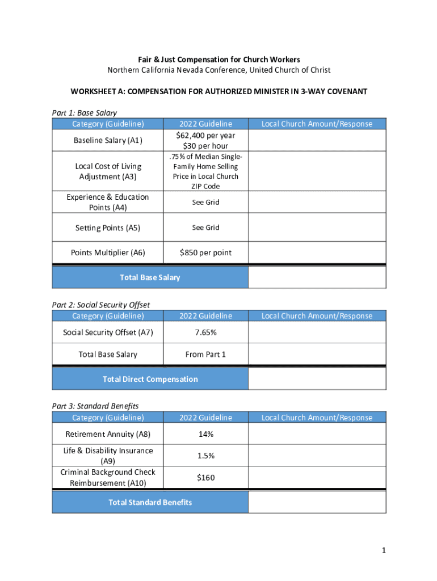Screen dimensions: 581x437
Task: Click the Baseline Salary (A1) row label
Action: point(108,140)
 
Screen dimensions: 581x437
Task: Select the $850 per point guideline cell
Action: point(205,252)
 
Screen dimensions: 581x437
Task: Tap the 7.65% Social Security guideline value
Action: point(205,332)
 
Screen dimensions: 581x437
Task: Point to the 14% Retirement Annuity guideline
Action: point(205,434)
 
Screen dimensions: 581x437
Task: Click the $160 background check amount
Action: point(205,478)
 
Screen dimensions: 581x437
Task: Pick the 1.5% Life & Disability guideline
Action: point(205,456)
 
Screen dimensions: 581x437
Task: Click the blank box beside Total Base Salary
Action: point(317,277)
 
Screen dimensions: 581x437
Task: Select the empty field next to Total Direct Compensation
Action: point(317,379)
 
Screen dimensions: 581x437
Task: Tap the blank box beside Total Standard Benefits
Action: point(317,502)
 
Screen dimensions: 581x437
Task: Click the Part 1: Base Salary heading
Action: point(84,113)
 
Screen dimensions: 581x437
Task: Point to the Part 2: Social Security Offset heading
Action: point(101,305)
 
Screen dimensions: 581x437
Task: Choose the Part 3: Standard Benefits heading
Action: point(95,406)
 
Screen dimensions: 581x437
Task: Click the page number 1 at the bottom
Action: point(384,550)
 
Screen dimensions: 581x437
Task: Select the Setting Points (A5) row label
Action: point(108,228)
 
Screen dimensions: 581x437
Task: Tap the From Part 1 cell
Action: point(205,355)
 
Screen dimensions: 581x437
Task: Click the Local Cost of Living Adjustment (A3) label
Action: point(108,171)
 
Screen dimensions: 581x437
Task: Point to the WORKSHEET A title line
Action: point(219,91)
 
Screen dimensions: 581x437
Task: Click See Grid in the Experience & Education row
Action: point(205,203)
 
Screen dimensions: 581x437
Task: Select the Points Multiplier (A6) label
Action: point(108,252)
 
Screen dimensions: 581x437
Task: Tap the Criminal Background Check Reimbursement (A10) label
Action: point(108,478)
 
